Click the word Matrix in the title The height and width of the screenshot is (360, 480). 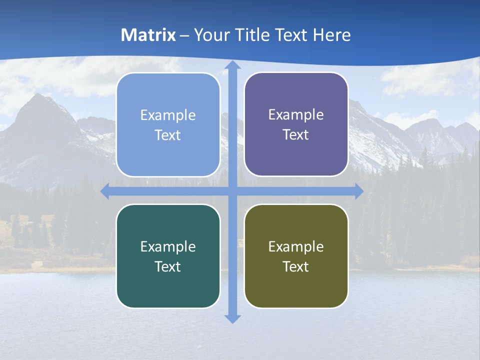tap(148, 35)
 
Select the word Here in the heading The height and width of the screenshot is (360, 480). tap(332, 35)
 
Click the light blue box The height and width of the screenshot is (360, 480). tap(168, 125)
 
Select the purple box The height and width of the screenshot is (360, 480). tap(296, 125)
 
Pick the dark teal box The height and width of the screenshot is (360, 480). tap(168, 256)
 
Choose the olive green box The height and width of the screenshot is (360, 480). tap(296, 256)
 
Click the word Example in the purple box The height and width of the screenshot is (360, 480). tap(296, 115)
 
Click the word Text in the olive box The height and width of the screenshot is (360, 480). tap(296, 266)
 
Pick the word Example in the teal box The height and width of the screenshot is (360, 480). tap(168, 246)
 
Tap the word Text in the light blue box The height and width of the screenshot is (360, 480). tap(168, 135)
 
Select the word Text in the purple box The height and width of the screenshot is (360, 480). tap(296, 135)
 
